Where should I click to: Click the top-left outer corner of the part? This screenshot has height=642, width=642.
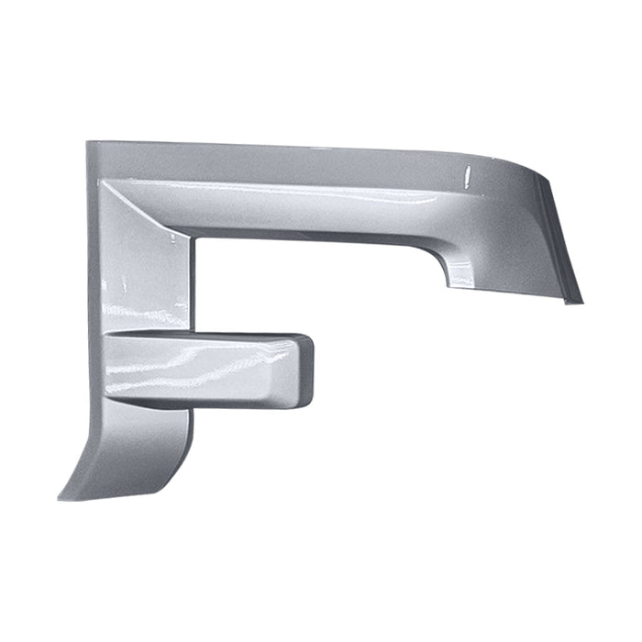[x=88, y=143]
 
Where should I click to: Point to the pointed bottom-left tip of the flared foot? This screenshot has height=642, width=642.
[x=61, y=498]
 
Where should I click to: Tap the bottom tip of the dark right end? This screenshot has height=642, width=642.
[x=580, y=302]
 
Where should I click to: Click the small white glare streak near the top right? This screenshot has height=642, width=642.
[x=466, y=173]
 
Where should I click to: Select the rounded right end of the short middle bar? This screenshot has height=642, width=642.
[x=307, y=371]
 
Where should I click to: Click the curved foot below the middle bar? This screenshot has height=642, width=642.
[x=138, y=449]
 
